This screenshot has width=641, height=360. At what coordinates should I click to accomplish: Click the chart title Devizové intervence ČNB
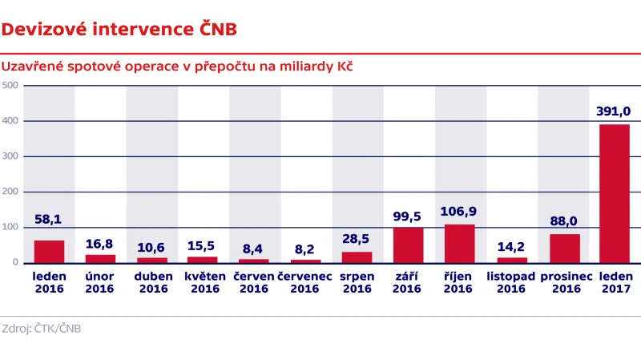click(x=119, y=30)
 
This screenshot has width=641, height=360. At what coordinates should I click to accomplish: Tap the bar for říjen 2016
click(x=460, y=244)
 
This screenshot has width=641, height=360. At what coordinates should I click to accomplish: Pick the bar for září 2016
click(x=409, y=245)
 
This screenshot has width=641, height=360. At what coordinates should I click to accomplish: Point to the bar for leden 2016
click(x=50, y=252)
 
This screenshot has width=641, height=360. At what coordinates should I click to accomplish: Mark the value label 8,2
click(x=305, y=249)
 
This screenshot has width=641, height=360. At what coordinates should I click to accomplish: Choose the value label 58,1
click(x=50, y=218)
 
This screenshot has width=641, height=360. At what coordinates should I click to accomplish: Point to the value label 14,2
click(x=512, y=246)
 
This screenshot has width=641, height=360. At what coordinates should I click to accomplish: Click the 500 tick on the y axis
click(x=10, y=86)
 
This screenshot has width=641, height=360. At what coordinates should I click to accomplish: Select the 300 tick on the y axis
click(x=10, y=156)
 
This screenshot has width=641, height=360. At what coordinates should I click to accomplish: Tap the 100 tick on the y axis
click(x=10, y=227)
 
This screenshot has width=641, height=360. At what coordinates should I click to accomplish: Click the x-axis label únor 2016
click(x=100, y=282)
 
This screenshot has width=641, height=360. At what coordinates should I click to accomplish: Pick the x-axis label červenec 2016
click(x=305, y=282)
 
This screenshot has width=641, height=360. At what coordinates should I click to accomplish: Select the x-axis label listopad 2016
click(x=512, y=282)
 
